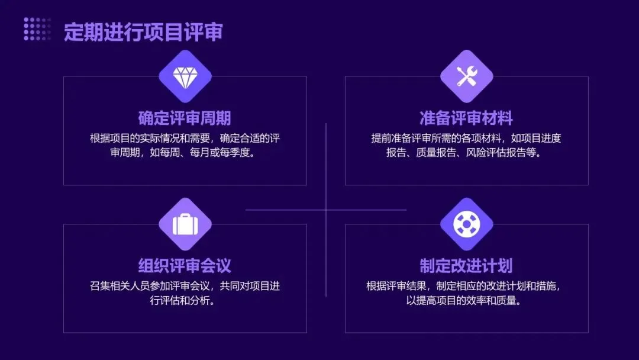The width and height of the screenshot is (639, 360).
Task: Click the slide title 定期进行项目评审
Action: (143, 32)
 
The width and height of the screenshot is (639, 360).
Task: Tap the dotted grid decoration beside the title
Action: (37, 29)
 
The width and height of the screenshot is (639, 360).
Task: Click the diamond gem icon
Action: (185, 76)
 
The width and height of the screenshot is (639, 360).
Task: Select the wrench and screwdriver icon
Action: (466, 76)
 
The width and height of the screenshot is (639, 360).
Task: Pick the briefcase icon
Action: (185, 224)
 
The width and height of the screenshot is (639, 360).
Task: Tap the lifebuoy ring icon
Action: (466, 224)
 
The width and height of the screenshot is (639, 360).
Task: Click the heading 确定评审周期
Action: (185, 118)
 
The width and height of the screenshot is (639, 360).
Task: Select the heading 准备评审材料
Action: (466, 118)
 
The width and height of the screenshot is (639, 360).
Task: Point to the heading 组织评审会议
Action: (185, 265)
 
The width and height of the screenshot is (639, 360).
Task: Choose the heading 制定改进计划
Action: (466, 265)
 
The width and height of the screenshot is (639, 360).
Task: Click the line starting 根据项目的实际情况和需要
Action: (185, 139)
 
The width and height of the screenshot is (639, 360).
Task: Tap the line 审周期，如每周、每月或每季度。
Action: (185, 153)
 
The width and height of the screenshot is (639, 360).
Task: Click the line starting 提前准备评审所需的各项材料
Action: (466, 139)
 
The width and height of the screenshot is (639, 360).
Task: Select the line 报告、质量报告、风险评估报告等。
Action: (466, 153)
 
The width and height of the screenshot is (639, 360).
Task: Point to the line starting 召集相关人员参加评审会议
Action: (185, 286)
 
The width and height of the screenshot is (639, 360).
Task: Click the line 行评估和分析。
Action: (185, 300)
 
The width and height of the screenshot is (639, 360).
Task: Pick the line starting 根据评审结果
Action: (466, 286)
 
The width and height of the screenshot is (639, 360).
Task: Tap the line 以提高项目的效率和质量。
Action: (466, 300)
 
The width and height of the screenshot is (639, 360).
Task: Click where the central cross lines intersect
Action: (326, 210)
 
